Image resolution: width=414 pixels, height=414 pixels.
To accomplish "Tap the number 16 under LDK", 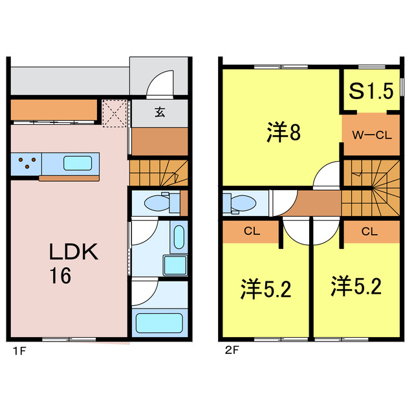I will [x=61, y=276].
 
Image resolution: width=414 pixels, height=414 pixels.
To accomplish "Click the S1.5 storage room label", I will [x=371, y=91].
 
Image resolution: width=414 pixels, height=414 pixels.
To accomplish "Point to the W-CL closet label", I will [x=371, y=135].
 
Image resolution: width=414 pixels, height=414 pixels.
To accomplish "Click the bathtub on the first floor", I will [x=159, y=321].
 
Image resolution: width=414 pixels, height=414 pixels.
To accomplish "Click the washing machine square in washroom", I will [x=174, y=265].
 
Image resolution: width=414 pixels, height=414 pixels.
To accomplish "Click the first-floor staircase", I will [x=158, y=173].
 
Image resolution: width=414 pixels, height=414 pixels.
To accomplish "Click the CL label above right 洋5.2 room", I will [x=370, y=230].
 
